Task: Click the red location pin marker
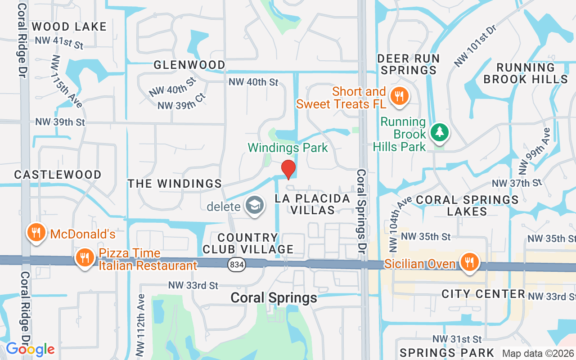coord(288,170)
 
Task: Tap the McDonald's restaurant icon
coord(35,232)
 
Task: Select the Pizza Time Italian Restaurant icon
coord(84,258)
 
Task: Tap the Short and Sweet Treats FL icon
coord(398,96)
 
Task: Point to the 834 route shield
coord(237,265)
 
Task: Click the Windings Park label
coord(288,148)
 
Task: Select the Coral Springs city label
coord(274,297)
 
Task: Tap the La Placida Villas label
coord(313,204)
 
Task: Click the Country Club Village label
coord(248,243)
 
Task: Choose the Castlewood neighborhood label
coord(58,175)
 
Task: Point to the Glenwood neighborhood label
coord(189,65)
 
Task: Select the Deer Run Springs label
coord(409,64)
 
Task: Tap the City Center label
coord(483,294)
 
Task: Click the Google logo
coord(30,349)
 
